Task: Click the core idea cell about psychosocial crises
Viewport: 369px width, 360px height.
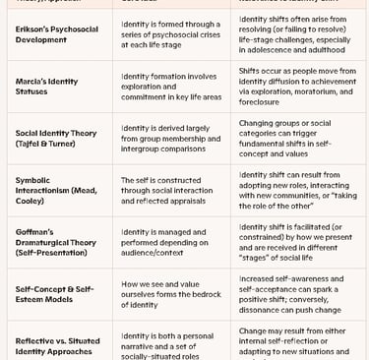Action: point(169,35)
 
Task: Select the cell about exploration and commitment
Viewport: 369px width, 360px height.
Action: point(169,88)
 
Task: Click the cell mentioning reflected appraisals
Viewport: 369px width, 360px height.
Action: point(169,188)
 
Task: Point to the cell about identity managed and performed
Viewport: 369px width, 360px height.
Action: point(169,241)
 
